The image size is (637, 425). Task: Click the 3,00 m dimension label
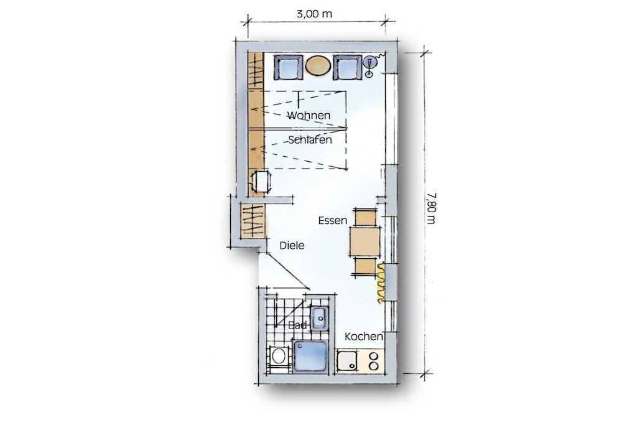pyautogui.click(x=314, y=14)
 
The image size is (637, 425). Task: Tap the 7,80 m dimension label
pyautogui.click(x=431, y=208)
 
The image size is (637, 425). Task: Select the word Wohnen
pyautogui.click(x=309, y=115)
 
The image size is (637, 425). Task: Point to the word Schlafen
pyautogui.click(x=310, y=140)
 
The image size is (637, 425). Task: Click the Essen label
pyautogui.click(x=332, y=221)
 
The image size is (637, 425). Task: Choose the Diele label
pyautogui.click(x=292, y=245)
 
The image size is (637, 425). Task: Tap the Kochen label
pyautogui.click(x=363, y=337)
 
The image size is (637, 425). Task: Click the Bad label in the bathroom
pyautogui.click(x=298, y=325)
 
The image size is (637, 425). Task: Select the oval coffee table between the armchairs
pyautogui.click(x=318, y=65)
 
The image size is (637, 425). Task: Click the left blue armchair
pyautogui.click(x=289, y=67)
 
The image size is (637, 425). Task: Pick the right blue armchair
pyautogui.click(x=347, y=67)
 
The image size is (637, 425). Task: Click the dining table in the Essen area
pyautogui.click(x=365, y=242)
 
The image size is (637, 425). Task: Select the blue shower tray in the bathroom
pyautogui.click(x=311, y=357)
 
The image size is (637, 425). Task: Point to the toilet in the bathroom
pyautogui.click(x=278, y=357)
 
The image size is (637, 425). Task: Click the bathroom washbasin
pyautogui.click(x=319, y=319)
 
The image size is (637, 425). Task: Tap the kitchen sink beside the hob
pyautogui.click(x=347, y=360)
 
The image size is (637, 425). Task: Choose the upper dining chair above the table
pyautogui.click(x=365, y=217)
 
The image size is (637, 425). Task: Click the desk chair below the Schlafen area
pyautogui.click(x=261, y=182)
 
